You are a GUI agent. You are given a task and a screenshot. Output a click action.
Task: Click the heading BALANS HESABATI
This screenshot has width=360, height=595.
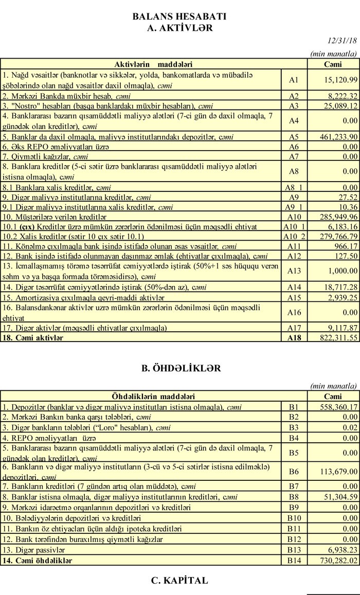[179, 16]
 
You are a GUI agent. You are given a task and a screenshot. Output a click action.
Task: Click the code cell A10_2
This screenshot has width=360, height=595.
[294, 236]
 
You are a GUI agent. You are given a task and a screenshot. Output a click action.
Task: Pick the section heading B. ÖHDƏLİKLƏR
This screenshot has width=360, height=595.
[179, 368]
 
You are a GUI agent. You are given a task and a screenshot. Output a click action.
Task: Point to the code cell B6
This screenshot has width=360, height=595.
[294, 471]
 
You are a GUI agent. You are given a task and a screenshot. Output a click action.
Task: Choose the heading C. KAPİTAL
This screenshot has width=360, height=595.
[179, 580]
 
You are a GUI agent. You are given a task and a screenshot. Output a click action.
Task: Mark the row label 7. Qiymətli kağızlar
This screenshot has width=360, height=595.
[38, 156]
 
